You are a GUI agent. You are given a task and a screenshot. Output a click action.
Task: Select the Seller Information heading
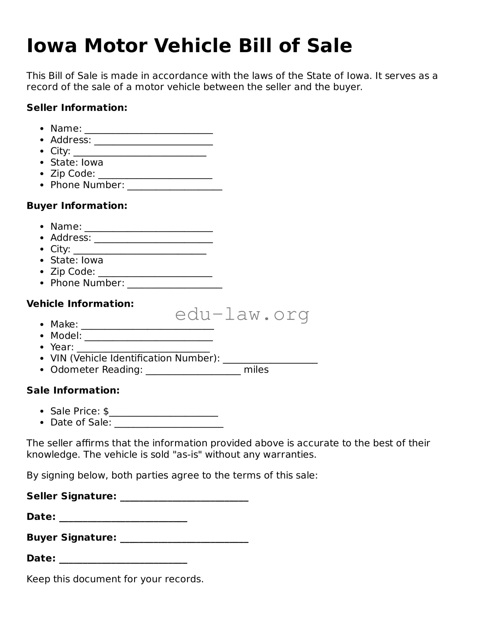click(x=77, y=108)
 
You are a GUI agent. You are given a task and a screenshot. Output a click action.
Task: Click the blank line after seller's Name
click(x=149, y=131)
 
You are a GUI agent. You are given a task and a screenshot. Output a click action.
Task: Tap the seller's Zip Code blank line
click(x=155, y=176)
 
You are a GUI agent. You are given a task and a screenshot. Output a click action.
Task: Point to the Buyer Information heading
click(x=77, y=206)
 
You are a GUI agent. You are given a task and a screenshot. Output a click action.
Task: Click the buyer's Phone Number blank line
click(x=175, y=286)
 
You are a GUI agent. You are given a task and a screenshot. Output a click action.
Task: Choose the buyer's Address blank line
click(x=154, y=240)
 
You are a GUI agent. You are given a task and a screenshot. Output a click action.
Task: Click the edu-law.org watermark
click(x=242, y=315)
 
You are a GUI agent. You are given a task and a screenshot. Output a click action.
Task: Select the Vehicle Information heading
click(x=80, y=304)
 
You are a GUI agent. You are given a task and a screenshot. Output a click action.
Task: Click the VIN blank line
click(x=270, y=361)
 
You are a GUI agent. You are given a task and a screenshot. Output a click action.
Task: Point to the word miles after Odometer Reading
click(x=256, y=370)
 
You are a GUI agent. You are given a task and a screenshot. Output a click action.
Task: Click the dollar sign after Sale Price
click(x=106, y=411)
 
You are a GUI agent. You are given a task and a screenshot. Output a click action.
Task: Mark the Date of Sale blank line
click(x=169, y=425)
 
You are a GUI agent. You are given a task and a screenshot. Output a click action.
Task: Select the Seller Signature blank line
click(x=184, y=499)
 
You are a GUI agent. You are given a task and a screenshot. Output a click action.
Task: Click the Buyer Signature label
click(x=72, y=537)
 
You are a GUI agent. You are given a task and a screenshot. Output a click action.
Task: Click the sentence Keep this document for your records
click(x=115, y=579)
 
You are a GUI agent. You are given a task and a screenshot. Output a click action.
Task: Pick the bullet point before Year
click(x=42, y=348)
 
